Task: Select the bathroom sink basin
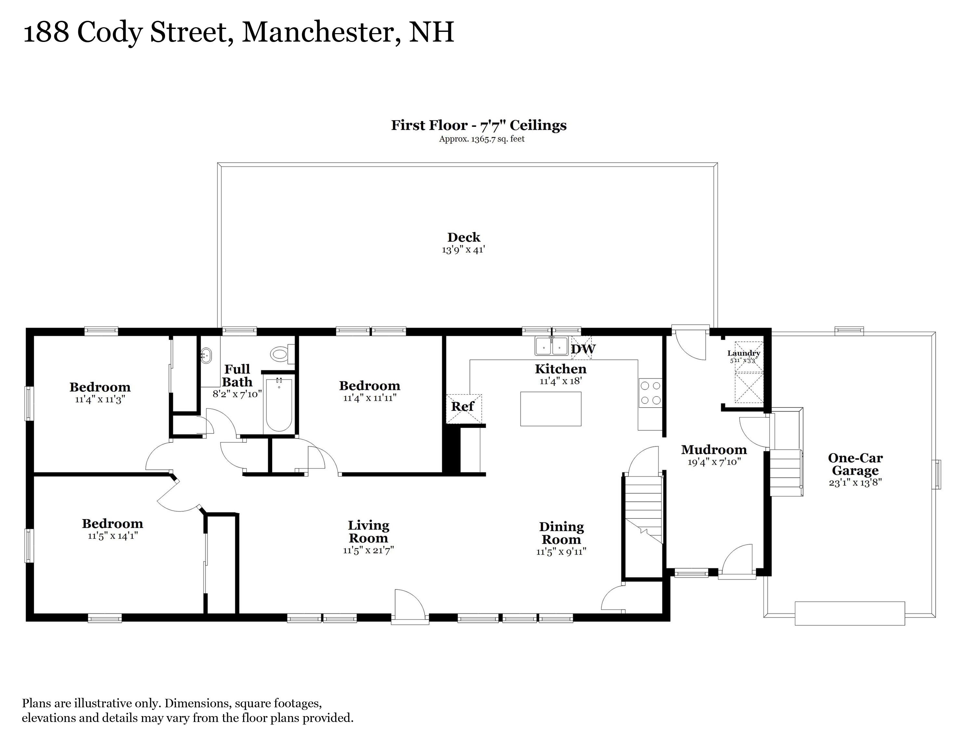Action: click(206, 355)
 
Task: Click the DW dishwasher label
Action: click(583, 349)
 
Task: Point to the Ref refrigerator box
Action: click(463, 408)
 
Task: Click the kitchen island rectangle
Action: click(550, 409)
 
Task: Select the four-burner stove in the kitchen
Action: click(650, 393)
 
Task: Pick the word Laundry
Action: click(744, 353)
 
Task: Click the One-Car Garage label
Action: click(855, 465)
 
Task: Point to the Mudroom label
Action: click(714, 450)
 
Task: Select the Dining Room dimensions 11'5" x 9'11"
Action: click(561, 552)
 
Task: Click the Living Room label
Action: click(368, 532)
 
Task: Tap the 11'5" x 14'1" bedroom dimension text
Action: click(113, 536)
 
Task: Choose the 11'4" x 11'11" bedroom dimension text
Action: click(370, 398)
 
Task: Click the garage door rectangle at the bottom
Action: click(849, 613)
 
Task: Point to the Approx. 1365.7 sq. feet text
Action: click(482, 139)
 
